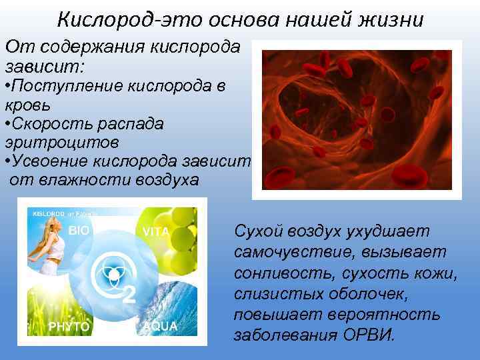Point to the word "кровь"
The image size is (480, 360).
pyautogui.click(x=27, y=105)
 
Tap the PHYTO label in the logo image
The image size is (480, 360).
pyautogui.click(x=69, y=326)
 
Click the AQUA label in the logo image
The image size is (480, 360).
pyautogui.click(x=160, y=326)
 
